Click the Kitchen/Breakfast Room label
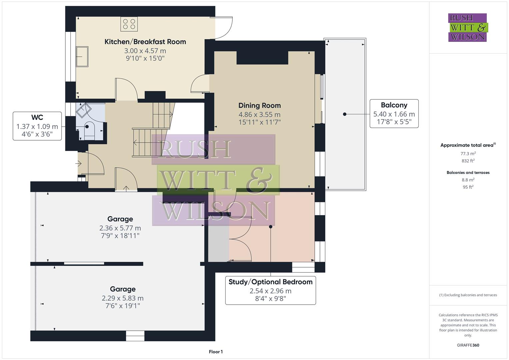(145, 42)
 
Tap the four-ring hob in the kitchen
(129, 24)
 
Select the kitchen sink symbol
(82, 57)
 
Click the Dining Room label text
(259, 105)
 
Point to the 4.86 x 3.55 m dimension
(259, 114)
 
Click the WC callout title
(37, 117)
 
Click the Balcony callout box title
(394, 105)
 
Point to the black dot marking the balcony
(345, 114)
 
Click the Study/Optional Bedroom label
(270, 282)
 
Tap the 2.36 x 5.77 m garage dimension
(120, 228)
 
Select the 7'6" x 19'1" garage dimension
(123, 306)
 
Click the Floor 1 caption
(216, 352)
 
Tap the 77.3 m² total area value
(468, 154)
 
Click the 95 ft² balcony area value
(468, 187)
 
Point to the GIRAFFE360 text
(468, 345)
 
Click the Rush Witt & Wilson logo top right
(468, 27)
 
